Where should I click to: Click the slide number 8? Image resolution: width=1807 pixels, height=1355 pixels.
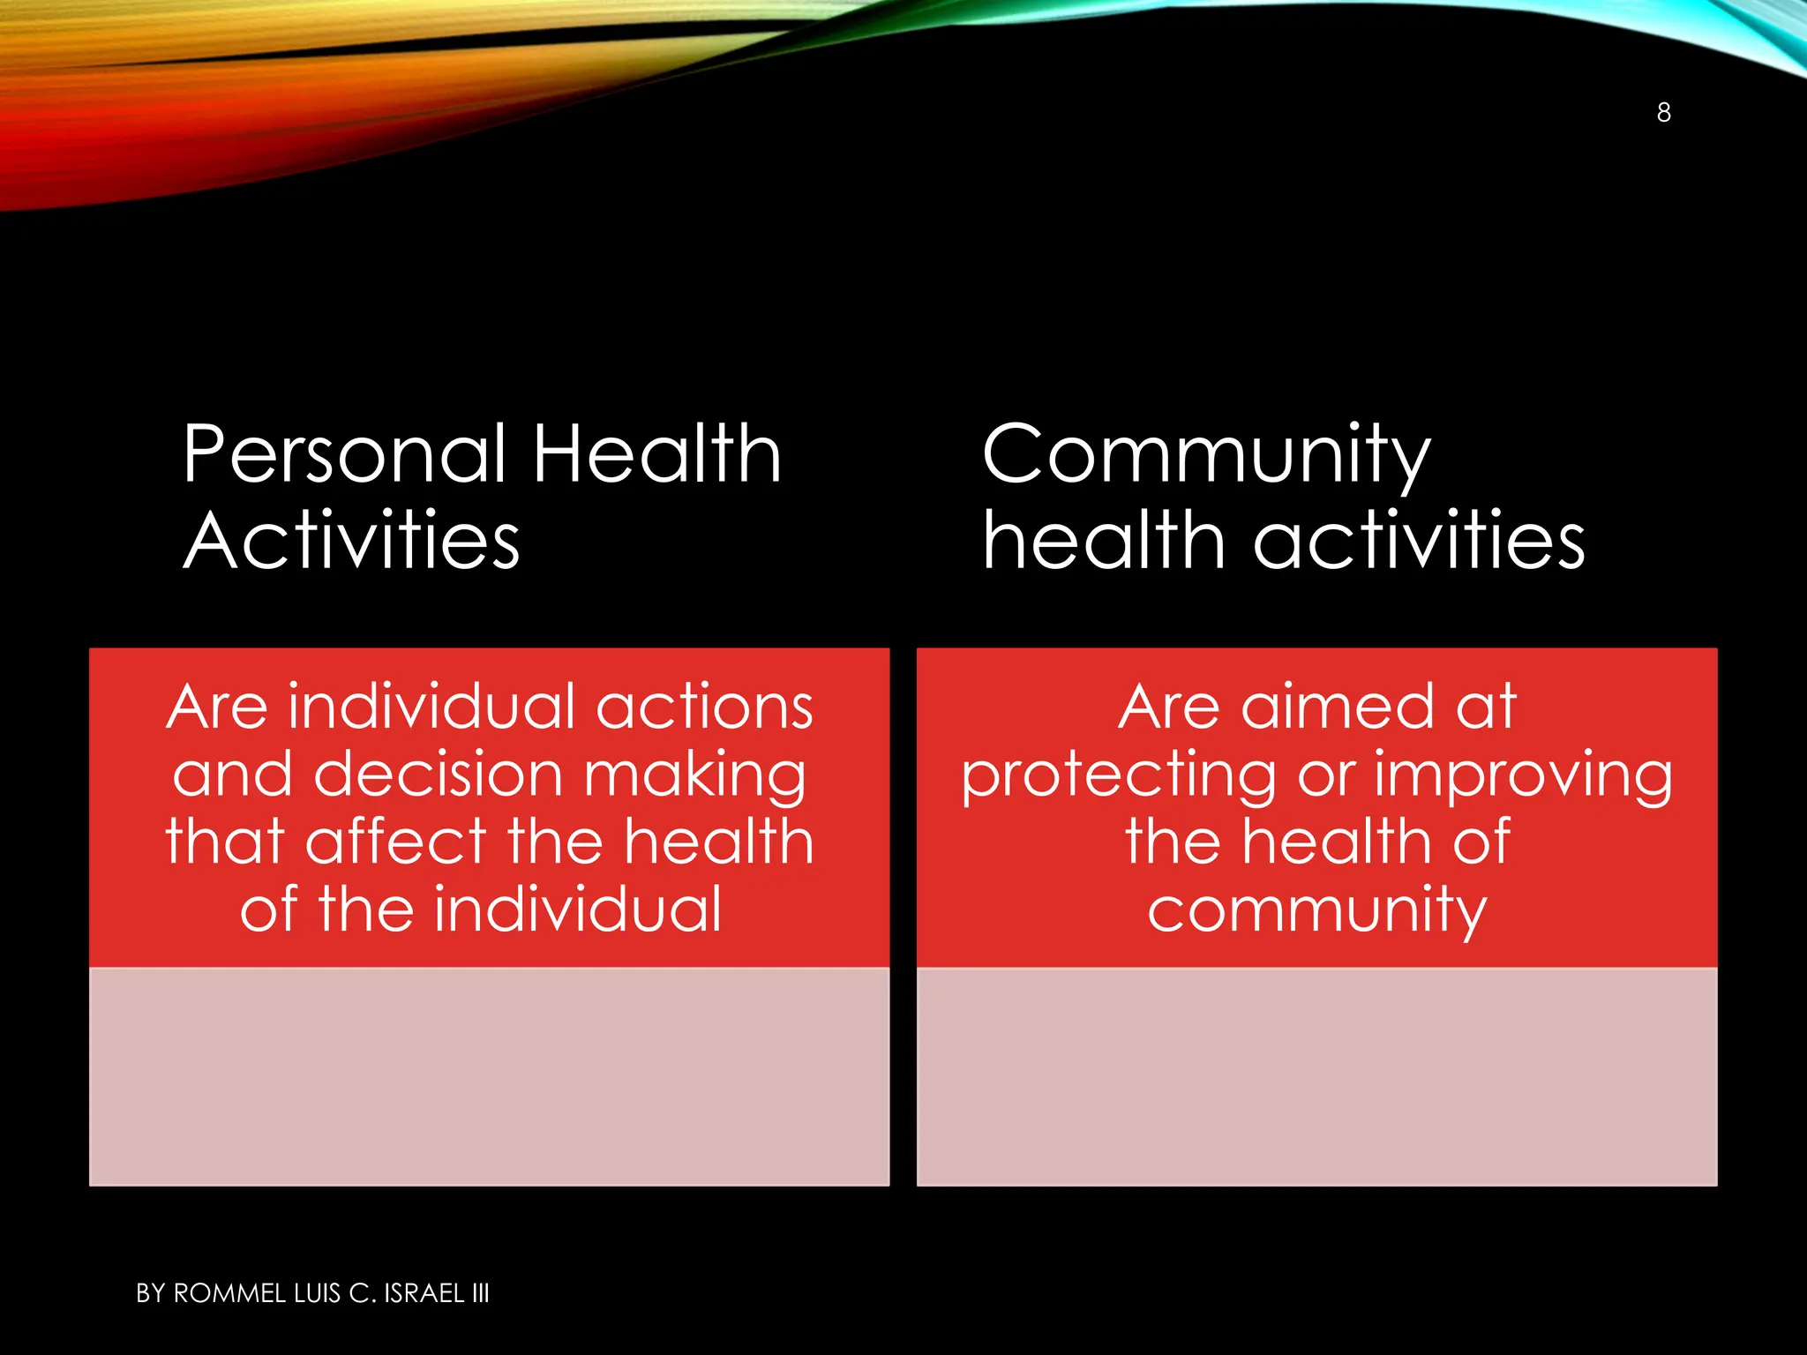coord(1663,113)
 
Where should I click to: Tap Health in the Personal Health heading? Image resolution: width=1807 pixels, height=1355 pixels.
coord(656,454)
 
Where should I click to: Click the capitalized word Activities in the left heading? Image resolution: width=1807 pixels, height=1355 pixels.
coord(351,541)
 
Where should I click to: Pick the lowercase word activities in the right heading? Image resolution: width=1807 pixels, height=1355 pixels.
coord(1419,541)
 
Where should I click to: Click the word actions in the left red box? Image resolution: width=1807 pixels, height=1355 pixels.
coord(704,707)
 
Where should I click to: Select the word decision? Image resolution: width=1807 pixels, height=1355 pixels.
coord(439,775)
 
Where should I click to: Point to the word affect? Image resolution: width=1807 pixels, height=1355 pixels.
coord(396,842)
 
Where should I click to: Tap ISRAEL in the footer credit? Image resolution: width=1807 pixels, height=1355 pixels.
coord(424,1293)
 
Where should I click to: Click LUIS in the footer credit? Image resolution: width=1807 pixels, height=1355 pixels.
coord(317,1293)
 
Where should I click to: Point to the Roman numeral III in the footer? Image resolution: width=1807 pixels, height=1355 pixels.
coord(480,1293)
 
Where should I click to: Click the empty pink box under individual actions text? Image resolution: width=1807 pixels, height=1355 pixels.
coord(489,1076)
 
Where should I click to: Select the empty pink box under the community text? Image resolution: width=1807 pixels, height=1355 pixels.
coord(1316,1076)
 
